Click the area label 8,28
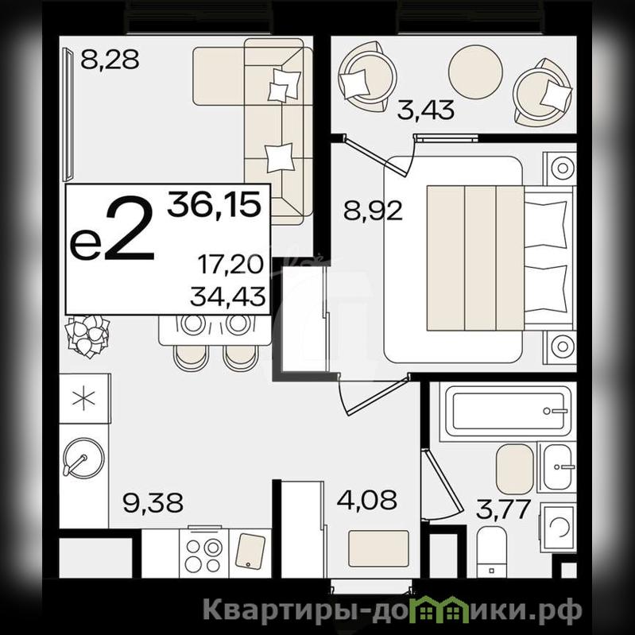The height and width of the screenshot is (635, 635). point(110,60)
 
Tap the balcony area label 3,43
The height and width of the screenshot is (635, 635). point(426,110)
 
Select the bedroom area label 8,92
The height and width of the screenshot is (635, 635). point(373,211)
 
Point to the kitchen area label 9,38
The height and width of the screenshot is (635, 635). point(153,502)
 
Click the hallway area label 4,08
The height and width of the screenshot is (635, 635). point(367,500)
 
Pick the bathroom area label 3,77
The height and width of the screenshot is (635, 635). point(503,509)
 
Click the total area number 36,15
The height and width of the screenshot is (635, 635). point(215,205)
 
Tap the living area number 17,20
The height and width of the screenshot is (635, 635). point(230,265)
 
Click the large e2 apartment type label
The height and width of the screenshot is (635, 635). point(112,229)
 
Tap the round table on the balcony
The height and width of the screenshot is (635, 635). point(475,72)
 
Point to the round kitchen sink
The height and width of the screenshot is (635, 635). point(84,459)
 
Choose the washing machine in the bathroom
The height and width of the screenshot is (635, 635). point(559,526)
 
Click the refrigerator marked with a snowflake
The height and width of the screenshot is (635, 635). point(84,398)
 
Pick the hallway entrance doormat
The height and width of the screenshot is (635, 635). point(378,548)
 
